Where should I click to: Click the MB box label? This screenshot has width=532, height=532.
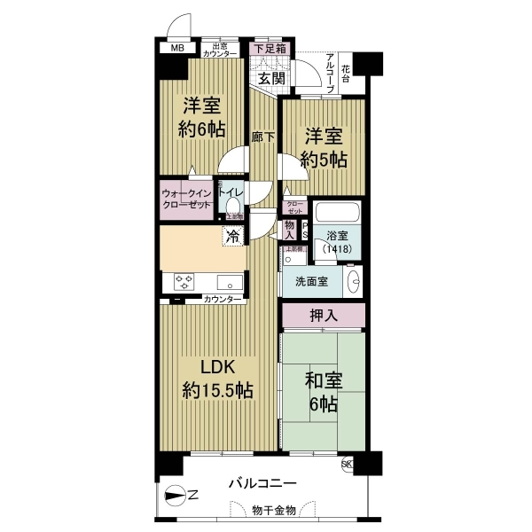click(x=178, y=48)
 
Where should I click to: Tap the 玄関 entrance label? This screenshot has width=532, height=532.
click(x=270, y=79)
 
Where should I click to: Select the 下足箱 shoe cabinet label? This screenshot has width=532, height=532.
click(x=270, y=49)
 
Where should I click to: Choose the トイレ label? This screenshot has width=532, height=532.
click(x=231, y=190)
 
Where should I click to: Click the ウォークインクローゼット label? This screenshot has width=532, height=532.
click(x=186, y=198)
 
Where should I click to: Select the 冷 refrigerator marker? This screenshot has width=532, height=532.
click(x=232, y=237)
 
